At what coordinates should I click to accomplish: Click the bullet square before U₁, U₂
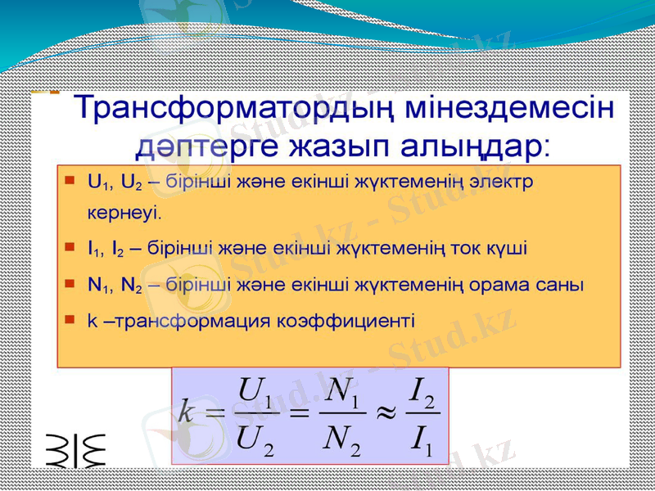(70, 179)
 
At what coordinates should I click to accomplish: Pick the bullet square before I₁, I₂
(70, 245)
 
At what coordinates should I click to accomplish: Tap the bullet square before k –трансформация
(70, 319)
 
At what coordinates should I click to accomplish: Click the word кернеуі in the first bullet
(124, 213)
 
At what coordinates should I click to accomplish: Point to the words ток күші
(490, 249)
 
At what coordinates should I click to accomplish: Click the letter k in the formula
(187, 413)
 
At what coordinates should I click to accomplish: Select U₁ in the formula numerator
(251, 389)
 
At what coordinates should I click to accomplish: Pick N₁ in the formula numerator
(342, 389)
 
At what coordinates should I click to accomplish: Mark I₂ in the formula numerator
(423, 389)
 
